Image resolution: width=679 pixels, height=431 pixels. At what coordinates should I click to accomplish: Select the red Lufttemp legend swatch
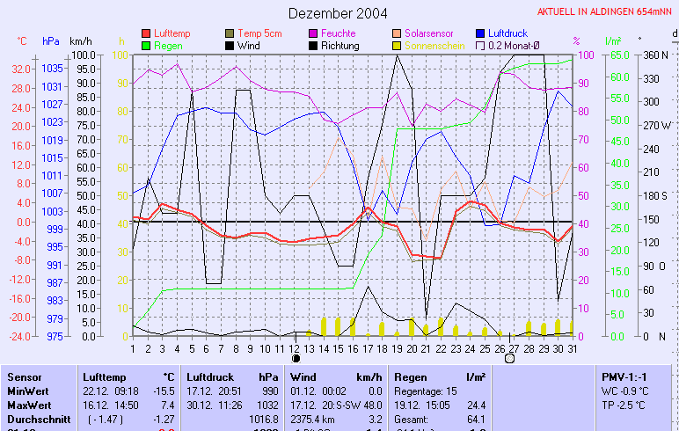(146, 33)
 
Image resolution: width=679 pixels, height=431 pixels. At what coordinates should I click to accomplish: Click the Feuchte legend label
(338, 33)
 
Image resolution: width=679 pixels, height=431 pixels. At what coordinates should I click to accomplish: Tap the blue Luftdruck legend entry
(507, 33)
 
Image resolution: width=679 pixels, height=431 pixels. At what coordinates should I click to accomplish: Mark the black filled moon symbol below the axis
(296, 359)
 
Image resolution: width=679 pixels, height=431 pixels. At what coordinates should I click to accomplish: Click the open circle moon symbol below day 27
(509, 359)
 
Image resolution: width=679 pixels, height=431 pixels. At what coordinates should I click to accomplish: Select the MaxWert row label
(27, 404)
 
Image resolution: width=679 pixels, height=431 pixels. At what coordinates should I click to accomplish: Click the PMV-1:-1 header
(621, 376)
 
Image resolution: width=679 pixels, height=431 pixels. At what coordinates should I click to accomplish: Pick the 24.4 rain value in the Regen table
(476, 404)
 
